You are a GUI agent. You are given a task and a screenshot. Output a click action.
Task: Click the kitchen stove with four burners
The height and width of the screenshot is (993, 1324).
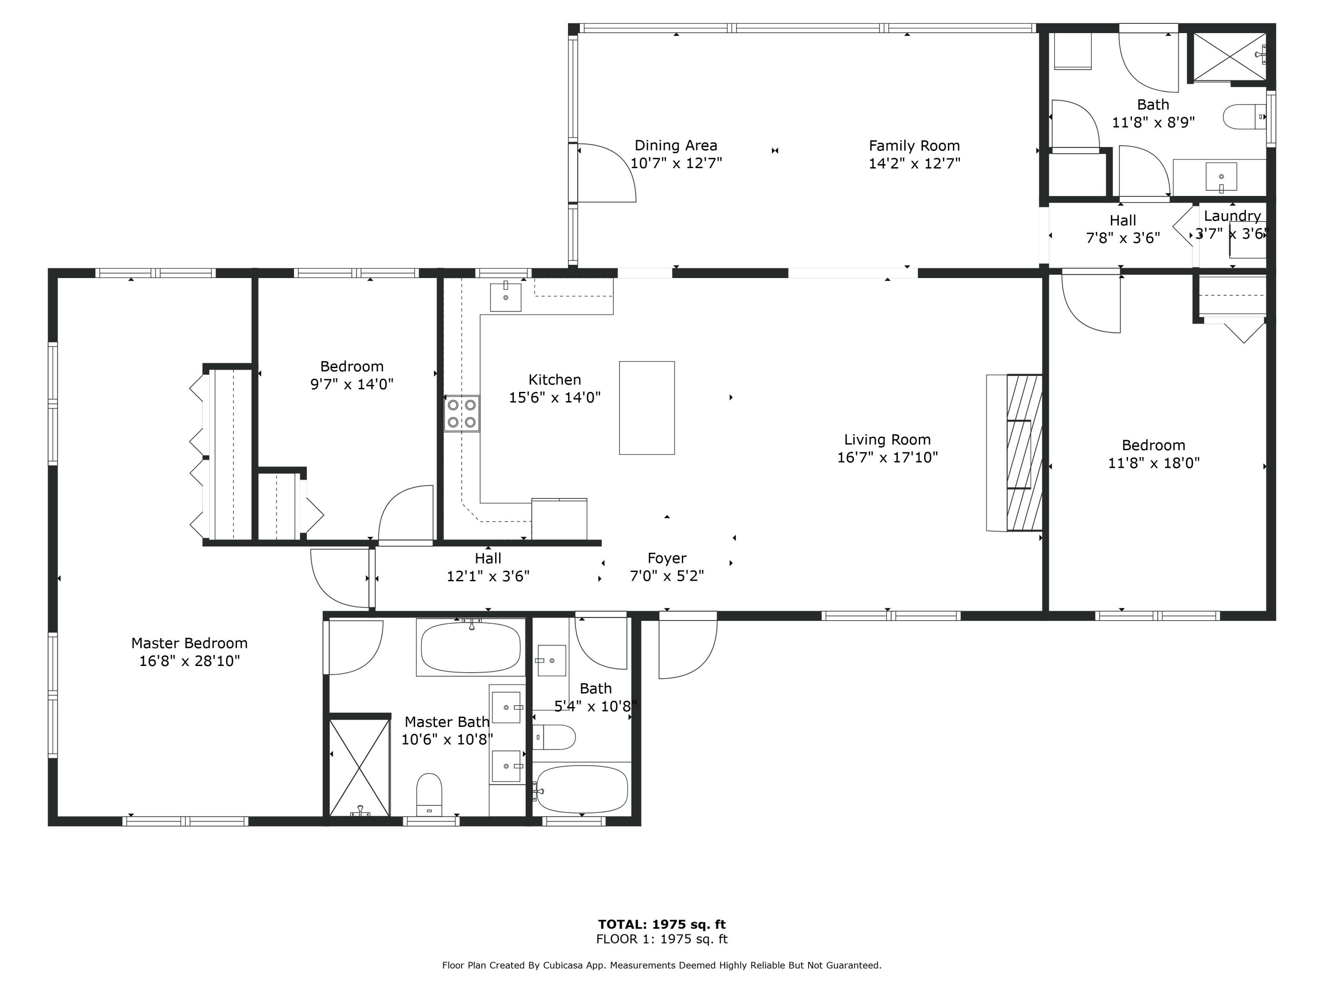click(x=462, y=414)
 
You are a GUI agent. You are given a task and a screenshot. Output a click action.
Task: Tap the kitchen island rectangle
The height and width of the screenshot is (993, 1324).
click(x=647, y=408)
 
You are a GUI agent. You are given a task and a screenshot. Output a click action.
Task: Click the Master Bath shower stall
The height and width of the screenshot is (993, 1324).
click(x=360, y=768)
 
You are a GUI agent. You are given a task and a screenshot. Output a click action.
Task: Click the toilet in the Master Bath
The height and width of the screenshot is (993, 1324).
click(x=429, y=795)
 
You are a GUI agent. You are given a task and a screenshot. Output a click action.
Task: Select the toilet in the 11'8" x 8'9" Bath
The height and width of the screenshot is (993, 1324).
click(x=1244, y=117)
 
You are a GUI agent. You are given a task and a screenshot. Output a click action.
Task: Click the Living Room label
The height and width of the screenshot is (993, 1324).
click(x=887, y=440)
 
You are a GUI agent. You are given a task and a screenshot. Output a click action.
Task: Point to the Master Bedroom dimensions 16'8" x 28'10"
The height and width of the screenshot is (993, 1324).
click(x=190, y=661)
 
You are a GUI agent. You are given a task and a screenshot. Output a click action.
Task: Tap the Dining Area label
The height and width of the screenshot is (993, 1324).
click(x=676, y=146)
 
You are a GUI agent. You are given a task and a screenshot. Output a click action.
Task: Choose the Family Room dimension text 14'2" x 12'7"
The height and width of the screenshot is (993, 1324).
click(x=914, y=163)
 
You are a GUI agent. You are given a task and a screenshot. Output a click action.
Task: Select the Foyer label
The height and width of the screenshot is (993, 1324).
click(x=667, y=558)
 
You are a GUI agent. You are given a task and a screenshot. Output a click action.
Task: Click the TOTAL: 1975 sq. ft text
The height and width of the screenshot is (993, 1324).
click(x=662, y=924)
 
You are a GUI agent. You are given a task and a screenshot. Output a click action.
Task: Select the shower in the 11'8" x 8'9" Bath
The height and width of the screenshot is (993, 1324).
click(x=1230, y=56)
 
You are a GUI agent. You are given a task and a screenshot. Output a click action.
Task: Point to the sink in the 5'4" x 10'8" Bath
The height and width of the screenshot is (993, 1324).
click(x=551, y=660)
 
